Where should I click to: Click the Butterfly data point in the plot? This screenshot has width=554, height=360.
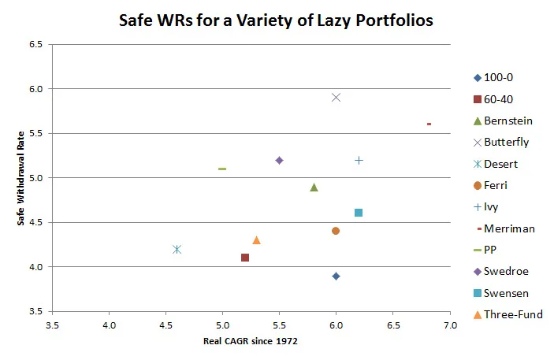(336, 97)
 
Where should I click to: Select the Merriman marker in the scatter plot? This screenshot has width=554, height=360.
(429, 124)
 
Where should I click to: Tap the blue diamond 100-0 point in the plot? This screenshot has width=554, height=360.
(336, 276)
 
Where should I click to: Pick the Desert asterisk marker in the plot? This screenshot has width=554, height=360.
(177, 249)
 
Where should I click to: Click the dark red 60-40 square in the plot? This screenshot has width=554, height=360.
(245, 258)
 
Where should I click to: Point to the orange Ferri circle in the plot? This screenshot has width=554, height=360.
(336, 231)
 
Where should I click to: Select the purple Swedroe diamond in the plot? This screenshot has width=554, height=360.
(279, 160)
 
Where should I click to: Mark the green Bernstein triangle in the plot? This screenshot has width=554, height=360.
(314, 187)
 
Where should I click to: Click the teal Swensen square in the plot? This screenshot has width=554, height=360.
(359, 213)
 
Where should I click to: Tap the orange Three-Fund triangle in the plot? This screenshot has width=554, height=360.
(256, 239)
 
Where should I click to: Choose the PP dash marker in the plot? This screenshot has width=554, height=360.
(222, 169)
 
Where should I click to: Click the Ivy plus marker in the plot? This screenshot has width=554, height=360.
(359, 160)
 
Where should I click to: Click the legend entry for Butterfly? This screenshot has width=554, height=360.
(507, 142)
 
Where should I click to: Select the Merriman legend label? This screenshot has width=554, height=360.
(510, 228)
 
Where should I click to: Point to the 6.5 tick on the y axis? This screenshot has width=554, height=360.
(35, 44)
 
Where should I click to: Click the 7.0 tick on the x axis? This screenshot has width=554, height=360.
(449, 325)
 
